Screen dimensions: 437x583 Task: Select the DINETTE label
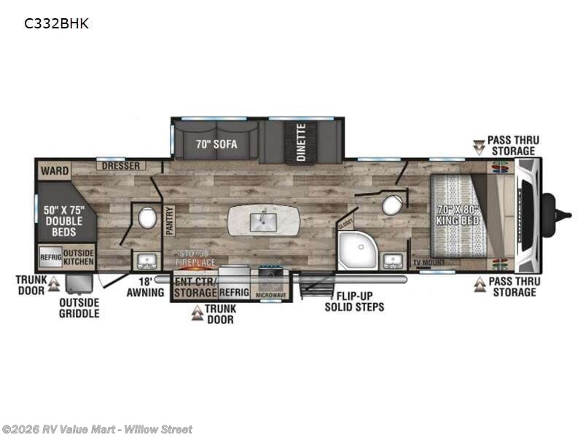300,142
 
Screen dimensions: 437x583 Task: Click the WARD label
55,171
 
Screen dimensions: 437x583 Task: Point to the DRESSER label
120,166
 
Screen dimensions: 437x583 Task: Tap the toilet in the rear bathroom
146,218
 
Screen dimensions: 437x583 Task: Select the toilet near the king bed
392,205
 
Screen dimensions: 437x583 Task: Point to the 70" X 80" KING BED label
458,214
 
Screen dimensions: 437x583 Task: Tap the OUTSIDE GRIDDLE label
79,308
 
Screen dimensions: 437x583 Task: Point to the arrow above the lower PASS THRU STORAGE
480,284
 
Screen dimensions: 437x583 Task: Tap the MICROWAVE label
270,294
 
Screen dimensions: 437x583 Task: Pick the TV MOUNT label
428,262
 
